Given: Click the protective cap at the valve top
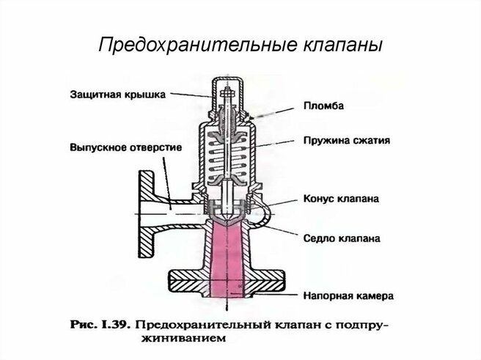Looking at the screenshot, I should click(x=228, y=92).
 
